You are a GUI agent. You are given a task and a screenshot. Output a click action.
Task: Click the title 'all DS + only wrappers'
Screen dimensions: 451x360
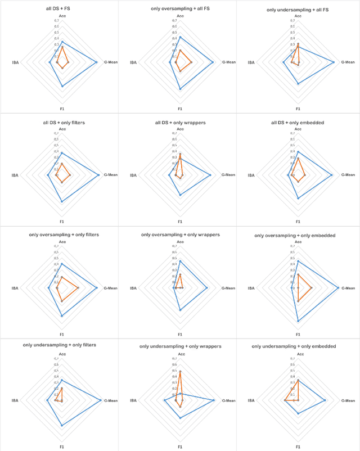180,123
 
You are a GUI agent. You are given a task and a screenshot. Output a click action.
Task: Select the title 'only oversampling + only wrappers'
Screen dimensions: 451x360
180,234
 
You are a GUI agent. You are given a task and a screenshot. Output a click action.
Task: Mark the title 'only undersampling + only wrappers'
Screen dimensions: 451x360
180,346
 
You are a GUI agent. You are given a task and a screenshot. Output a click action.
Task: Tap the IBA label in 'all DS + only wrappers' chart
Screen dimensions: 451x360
133,175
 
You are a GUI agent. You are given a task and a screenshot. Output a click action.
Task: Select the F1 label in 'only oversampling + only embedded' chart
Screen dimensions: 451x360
298,334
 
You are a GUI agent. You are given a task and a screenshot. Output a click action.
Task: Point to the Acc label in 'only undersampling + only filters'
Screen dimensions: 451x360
62,354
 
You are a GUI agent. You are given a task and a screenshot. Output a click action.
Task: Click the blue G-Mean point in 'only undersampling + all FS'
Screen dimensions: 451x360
334,62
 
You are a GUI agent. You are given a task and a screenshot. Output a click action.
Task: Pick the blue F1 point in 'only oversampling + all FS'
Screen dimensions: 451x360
180,89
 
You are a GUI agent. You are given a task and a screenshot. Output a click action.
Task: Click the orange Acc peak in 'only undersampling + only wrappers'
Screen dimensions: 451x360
180,372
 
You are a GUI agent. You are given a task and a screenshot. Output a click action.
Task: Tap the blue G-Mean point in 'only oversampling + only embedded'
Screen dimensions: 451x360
339,288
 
